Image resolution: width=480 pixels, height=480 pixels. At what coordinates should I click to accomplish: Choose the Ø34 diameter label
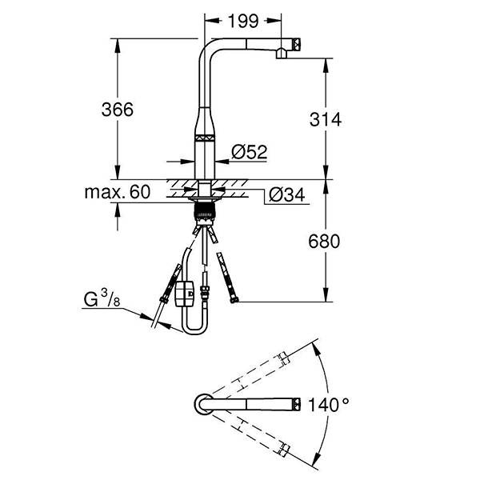tap(286, 194)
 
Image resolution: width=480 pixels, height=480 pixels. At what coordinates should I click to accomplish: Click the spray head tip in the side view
tap(295, 46)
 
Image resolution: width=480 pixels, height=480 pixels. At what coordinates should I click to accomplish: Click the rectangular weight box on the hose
tap(184, 293)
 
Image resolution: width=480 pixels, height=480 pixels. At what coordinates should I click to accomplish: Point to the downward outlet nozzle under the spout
tap(281, 54)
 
